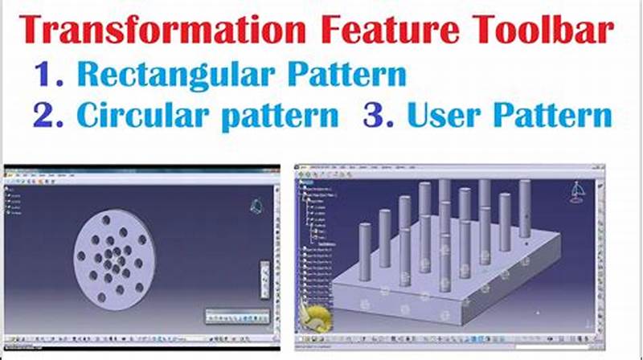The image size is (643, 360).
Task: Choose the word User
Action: (x=445, y=116)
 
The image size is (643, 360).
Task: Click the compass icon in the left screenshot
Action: (x=256, y=206)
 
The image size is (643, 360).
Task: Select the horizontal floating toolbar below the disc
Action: (x=237, y=315)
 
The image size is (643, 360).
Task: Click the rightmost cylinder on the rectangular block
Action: (x=525, y=208)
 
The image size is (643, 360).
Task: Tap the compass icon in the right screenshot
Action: (x=576, y=193)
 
